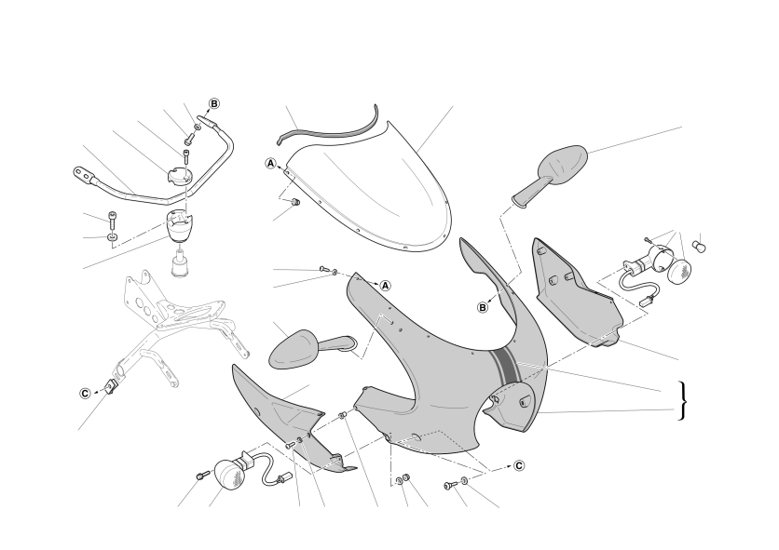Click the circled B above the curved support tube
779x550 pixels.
pyautogui.click(x=214, y=103)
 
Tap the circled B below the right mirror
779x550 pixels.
pyautogui.click(x=483, y=308)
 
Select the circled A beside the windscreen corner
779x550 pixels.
pyautogui.click(x=270, y=163)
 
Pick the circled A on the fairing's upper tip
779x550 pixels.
pyautogui.click(x=386, y=286)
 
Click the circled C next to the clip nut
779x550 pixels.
pyautogui.click(x=86, y=393)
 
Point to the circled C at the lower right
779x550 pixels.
pyautogui.click(x=519, y=465)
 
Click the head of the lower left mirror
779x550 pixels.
pyautogui.click(x=294, y=349)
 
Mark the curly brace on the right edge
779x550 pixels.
pyautogui.click(x=684, y=400)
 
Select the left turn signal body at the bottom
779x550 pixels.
pyautogui.click(x=229, y=474)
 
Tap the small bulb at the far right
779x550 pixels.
pyautogui.click(x=700, y=247)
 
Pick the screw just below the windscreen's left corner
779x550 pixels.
pyautogui.click(x=294, y=202)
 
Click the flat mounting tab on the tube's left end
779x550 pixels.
pyautogui.click(x=84, y=174)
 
